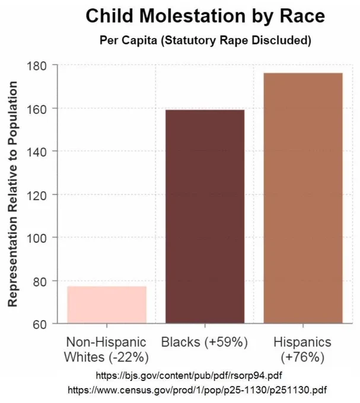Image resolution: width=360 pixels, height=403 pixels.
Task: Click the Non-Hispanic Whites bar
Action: click(107, 305)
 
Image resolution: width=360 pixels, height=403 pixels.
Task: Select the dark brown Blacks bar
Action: click(205, 216)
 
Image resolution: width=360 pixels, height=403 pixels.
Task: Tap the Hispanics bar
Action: click(303, 198)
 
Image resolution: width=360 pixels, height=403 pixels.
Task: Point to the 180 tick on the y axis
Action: click(37, 66)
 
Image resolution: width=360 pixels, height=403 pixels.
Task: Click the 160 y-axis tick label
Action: click(37, 109)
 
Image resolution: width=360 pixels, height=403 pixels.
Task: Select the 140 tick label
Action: click(37, 152)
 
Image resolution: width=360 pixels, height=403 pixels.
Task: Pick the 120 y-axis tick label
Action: click(37, 196)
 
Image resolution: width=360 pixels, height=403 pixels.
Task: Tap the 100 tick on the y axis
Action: click(37, 238)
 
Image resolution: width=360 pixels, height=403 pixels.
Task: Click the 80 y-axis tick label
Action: click(40, 282)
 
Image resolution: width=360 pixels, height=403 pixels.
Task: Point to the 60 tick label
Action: click(40, 324)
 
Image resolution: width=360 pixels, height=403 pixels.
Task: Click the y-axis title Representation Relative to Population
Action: click(12, 194)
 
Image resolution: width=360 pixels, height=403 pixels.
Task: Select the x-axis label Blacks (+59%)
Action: click(205, 343)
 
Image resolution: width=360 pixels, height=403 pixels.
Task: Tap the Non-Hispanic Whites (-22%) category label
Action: click(106, 350)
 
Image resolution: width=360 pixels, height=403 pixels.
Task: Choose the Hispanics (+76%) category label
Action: click(302, 350)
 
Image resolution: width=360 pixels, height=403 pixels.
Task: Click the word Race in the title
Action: click(302, 16)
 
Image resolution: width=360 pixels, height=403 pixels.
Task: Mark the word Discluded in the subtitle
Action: click(281, 40)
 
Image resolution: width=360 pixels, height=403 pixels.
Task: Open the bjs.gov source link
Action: click(189, 376)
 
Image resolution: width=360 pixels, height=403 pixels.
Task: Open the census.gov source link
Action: click(197, 390)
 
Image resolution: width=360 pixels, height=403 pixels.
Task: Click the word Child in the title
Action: click(110, 16)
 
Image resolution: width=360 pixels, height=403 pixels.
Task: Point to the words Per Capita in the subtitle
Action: click(128, 40)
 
